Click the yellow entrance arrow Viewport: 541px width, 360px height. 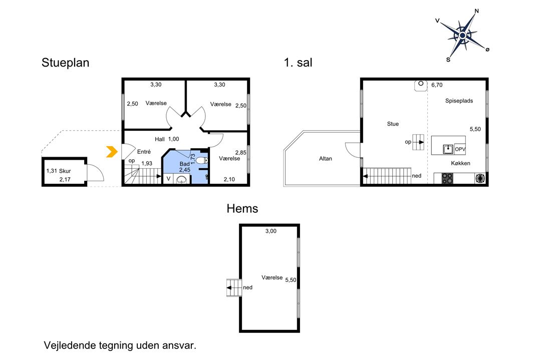pyautogui.click(x=112, y=152)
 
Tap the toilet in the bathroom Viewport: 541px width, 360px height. pyautogui.click(x=201, y=160)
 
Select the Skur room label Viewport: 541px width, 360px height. pyautogui.click(x=65, y=171)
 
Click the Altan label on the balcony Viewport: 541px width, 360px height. pyautogui.click(x=326, y=159)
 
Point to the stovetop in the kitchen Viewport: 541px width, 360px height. pyautogui.click(x=447, y=178)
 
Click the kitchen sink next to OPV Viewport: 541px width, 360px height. pyautogui.click(x=448, y=149)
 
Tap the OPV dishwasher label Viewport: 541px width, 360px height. pyautogui.click(x=460, y=149)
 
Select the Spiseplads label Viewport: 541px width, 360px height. pyautogui.click(x=459, y=101)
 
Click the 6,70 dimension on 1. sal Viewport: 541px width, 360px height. pyautogui.click(x=437, y=85)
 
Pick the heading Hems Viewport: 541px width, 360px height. pyautogui.click(x=242, y=208)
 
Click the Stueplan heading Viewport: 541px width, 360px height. pyautogui.click(x=65, y=63)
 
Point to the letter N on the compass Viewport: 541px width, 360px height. pyautogui.click(x=477, y=11)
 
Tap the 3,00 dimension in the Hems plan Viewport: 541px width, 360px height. pyautogui.click(x=271, y=231)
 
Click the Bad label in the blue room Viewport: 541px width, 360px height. pyautogui.click(x=184, y=164)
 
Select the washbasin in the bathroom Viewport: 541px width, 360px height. pyautogui.click(x=181, y=179)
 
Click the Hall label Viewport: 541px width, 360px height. pyautogui.click(x=160, y=139)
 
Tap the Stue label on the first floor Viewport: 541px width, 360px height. pyautogui.click(x=393, y=124)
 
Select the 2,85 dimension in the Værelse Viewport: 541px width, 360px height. pyautogui.click(x=241, y=153)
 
